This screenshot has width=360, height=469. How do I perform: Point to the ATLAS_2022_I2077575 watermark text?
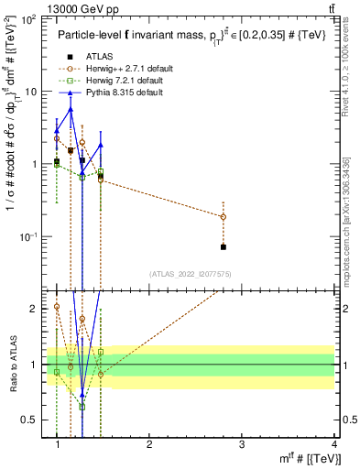(x=191, y=274)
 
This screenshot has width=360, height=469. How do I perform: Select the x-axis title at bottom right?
(x=311, y=458)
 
